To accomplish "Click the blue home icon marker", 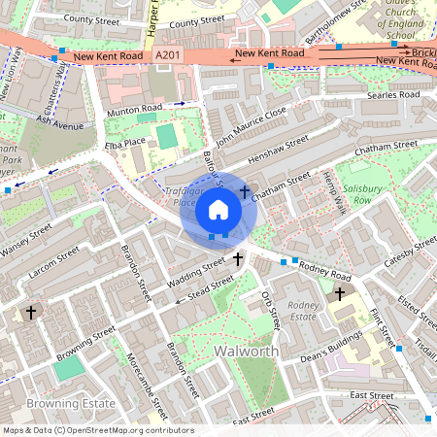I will click(218, 209).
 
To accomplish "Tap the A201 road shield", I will click(168, 58).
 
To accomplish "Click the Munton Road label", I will click(135, 110).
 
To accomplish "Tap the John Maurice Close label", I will click(252, 125).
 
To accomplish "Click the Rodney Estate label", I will click(303, 311).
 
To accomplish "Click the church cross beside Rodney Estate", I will click(340, 292).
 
